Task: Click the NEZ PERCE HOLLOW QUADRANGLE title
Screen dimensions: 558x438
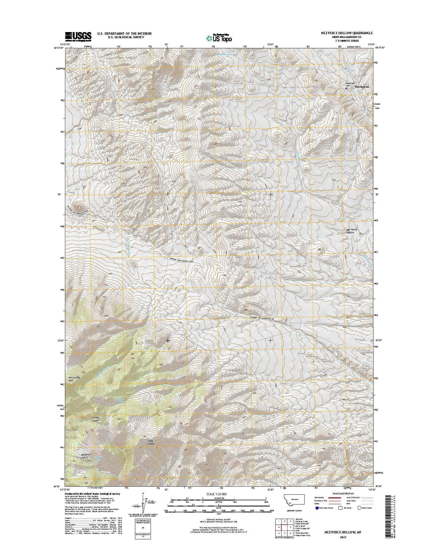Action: (343, 33)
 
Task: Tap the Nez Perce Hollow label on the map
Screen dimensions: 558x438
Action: (351, 231)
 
